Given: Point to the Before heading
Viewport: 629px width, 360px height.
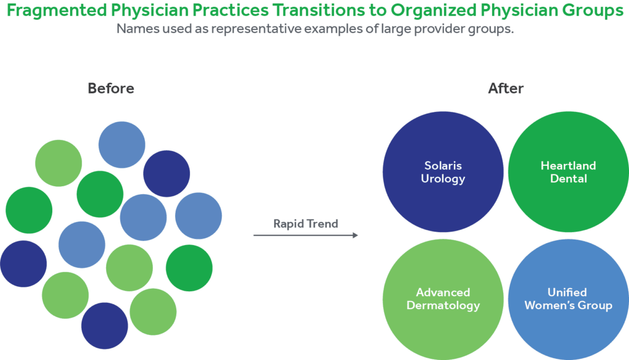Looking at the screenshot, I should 111,88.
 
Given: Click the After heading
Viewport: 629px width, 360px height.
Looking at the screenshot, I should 506,88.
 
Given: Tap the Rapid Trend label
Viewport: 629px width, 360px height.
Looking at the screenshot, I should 305,224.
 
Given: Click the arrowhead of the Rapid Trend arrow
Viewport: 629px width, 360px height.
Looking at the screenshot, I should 356,235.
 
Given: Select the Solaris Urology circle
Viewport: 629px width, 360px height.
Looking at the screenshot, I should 443,172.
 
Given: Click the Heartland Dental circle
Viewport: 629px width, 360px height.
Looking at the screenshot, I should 568,172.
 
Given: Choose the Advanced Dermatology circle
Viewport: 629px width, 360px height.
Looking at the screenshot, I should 443,299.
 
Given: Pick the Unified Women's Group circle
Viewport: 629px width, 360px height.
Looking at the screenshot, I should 568,299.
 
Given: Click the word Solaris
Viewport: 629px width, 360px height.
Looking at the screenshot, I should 443,166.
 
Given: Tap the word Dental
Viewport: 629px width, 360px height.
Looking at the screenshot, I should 569,179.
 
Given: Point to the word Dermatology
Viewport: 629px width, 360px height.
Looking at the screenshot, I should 443,305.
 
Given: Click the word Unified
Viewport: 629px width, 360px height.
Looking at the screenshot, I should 568,292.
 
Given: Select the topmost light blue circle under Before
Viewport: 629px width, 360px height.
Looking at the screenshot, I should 122,145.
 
